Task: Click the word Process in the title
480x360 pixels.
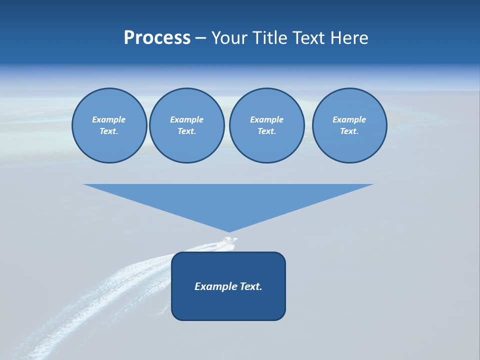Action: [x=157, y=38]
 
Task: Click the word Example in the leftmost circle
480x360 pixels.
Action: [x=109, y=119]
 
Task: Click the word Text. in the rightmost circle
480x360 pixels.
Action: [x=349, y=131]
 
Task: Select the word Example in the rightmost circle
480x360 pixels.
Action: [x=349, y=119]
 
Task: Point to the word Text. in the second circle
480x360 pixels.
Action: [x=186, y=131]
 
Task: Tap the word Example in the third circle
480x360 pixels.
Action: [x=266, y=119]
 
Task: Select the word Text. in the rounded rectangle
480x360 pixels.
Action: [x=250, y=286]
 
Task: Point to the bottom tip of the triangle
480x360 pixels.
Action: [x=228, y=231]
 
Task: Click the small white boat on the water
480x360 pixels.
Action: [x=229, y=241]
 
